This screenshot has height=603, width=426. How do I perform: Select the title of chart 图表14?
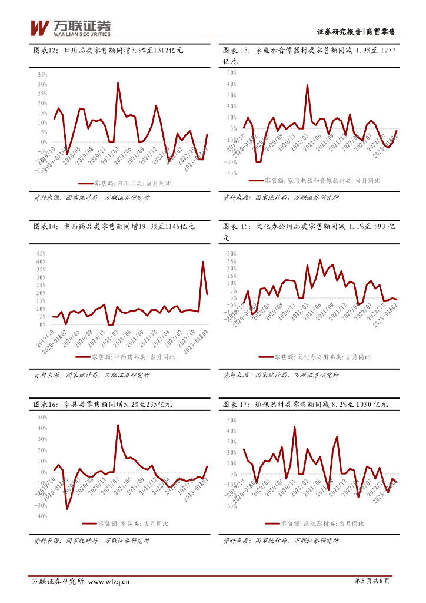114,226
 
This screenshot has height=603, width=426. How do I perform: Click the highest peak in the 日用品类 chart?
118,83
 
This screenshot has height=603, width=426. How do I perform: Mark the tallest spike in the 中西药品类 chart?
203,262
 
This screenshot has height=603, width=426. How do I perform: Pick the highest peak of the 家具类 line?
118,425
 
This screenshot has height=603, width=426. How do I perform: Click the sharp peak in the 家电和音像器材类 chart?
307,85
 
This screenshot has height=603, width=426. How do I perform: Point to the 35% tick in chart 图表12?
42,75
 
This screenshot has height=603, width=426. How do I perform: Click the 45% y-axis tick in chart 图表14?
41,253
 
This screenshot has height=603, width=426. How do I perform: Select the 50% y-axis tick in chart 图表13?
231,73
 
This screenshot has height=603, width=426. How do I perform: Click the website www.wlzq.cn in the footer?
108,582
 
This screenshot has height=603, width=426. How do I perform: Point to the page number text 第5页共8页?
374,582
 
